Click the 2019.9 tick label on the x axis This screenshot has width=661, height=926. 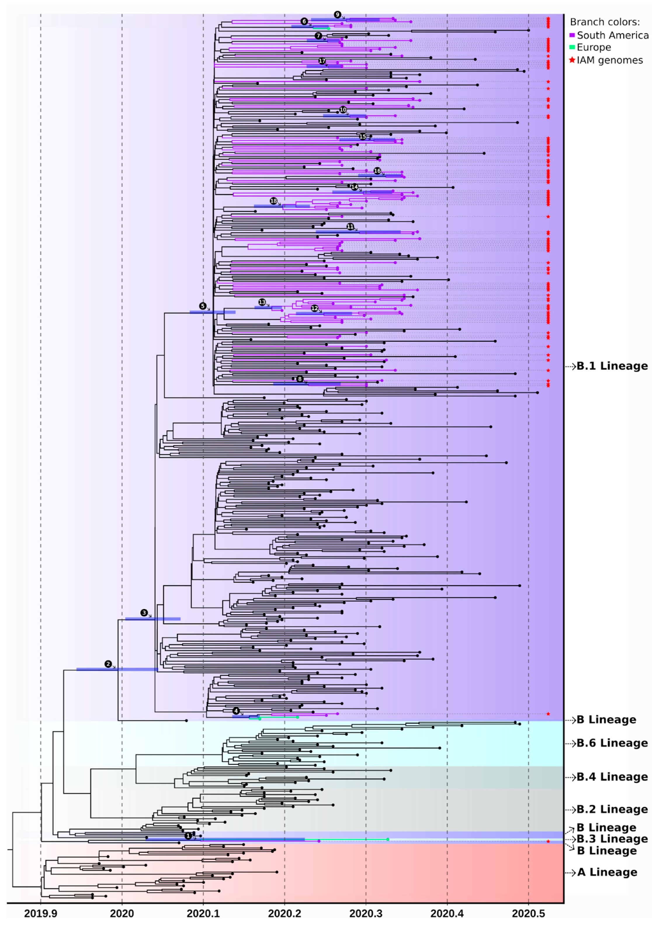coord(40,913)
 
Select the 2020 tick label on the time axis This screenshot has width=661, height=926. coord(122,913)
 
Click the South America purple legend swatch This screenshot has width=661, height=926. coord(572,35)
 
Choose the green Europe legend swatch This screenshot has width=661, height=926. coord(572,47)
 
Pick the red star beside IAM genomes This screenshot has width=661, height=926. coord(572,60)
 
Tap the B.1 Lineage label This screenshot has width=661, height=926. coord(612,366)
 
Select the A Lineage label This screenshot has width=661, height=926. coord(607,872)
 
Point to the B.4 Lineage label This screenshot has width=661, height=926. coord(612,777)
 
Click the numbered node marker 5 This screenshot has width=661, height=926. coord(202,306)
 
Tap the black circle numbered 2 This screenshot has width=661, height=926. coord(108,664)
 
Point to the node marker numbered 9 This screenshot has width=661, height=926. coord(337,15)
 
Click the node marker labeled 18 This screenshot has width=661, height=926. coord(273,201)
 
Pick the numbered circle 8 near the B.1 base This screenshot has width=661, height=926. coord(300,379)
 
